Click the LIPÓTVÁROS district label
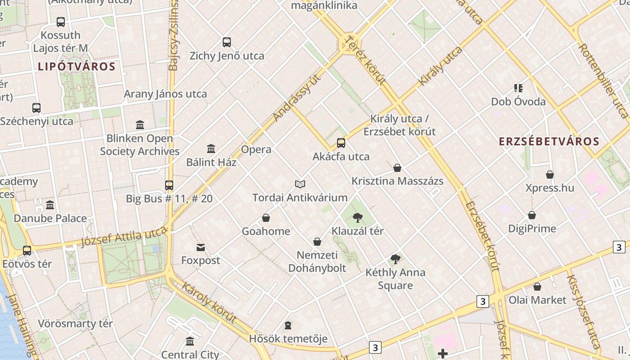coord(76,67)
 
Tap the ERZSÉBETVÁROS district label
coord(549,141)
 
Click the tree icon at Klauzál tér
coord(358,218)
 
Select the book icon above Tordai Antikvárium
coord(300,184)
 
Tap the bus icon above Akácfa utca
coord(341,143)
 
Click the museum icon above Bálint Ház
coord(211,148)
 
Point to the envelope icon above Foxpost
coord(201,247)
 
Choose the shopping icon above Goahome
coord(266,218)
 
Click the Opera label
coord(256,149)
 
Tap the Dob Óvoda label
coord(518,102)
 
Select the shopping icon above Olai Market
coord(537,287)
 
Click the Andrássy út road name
coord(297,98)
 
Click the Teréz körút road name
coord(364,61)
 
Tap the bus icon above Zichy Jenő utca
coord(227,42)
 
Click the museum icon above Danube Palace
coord(50,205)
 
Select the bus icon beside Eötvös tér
coord(27,251)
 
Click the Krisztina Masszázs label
coord(397,181)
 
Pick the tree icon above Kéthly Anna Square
coord(396,259)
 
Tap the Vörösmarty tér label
coord(75,324)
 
